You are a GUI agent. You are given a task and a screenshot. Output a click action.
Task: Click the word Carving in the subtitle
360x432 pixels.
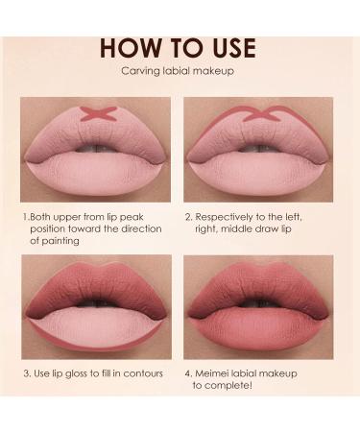click(138, 71)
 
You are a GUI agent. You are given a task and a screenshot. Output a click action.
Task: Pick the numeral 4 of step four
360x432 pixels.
click(188, 372)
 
